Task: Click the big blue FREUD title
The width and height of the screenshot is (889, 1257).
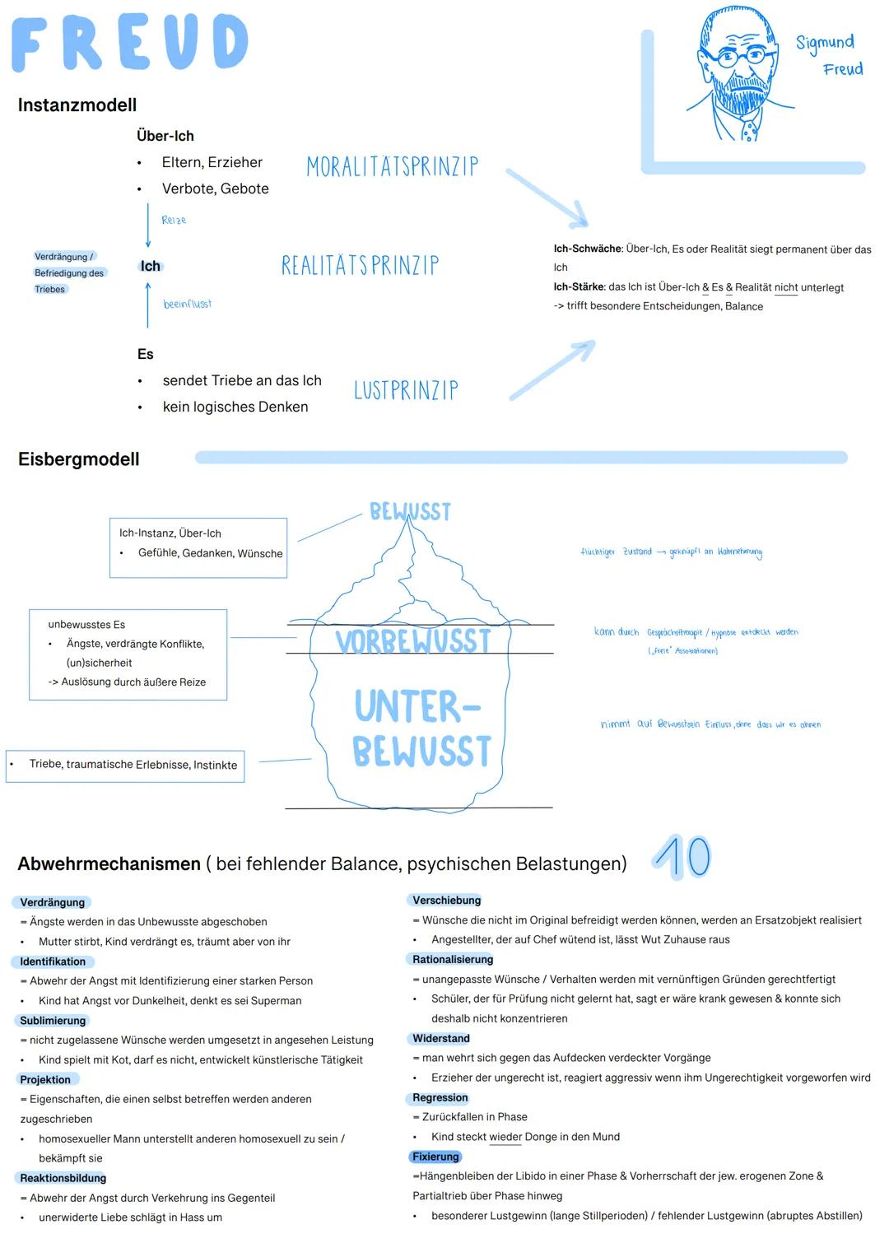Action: click(x=129, y=43)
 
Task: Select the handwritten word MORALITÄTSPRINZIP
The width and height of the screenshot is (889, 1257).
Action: click(x=392, y=167)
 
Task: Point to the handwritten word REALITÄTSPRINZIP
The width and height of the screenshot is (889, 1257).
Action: click(x=360, y=265)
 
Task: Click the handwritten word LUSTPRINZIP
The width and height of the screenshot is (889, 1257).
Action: click(x=406, y=390)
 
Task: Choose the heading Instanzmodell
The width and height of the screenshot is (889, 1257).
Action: click(x=77, y=105)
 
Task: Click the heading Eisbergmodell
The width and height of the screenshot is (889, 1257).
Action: click(x=79, y=459)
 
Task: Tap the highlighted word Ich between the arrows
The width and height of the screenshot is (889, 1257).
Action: click(x=151, y=266)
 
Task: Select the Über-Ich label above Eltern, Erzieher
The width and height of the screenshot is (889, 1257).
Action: click(x=165, y=136)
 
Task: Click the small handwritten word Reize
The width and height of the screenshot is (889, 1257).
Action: click(x=174, y=221)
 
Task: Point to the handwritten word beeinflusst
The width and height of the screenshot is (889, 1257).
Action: click(x=188, y=305)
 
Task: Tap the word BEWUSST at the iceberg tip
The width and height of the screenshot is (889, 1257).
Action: click(x=410, y=512)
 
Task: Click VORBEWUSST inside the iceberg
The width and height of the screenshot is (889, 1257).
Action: click(x=413, y=641)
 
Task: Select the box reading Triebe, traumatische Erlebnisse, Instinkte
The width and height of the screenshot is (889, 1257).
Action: click(x=126, y=765)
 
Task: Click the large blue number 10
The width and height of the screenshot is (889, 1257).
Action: click(x=682, y=857)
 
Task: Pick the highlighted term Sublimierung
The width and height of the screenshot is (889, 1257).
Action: click(x=53, y=1021)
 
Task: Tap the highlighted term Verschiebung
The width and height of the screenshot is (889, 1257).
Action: click(x=446, y=901)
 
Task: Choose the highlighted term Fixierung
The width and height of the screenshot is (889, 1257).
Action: click(x=435, y=1157)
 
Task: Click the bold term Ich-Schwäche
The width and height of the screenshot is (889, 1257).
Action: click(x=588, y=249)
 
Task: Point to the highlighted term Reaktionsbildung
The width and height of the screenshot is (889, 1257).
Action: click(x=63, y=1178)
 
